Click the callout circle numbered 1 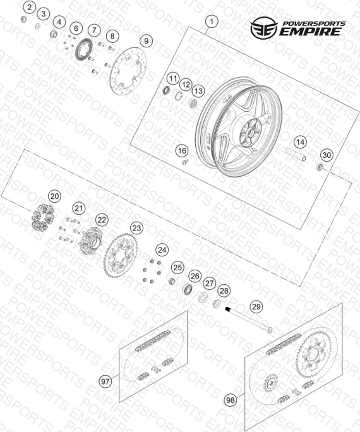pos(212,21)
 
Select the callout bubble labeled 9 pos(146,41)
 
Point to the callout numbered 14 pos(300,142)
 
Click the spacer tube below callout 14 pos(296,154)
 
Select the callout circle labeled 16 pos(182,151)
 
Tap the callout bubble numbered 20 pos(54,196)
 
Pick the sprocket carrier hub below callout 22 pos(92,240)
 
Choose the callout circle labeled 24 pos(162,250)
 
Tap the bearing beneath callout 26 pos(188,288)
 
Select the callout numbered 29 pos(256,307)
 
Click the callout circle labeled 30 pos(327,155)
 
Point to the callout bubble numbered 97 pos(105,381)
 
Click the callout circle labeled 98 pos(231,400)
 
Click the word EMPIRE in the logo pos(310,32)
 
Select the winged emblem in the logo pos(264,28)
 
